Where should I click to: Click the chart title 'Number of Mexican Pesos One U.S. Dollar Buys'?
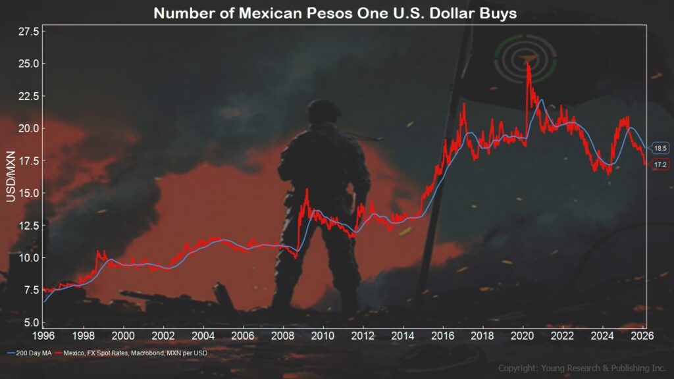(336, 14)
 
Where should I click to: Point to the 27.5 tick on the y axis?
(30, 32)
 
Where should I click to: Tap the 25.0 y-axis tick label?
(30, 64)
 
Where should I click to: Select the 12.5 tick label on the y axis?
(30, 226)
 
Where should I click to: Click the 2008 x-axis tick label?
(283, 335)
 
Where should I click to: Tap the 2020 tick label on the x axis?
(522, 335)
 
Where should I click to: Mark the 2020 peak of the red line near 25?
(528, 64)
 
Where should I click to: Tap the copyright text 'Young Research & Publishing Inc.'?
(583, 368)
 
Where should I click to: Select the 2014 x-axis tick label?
(402, 335)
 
